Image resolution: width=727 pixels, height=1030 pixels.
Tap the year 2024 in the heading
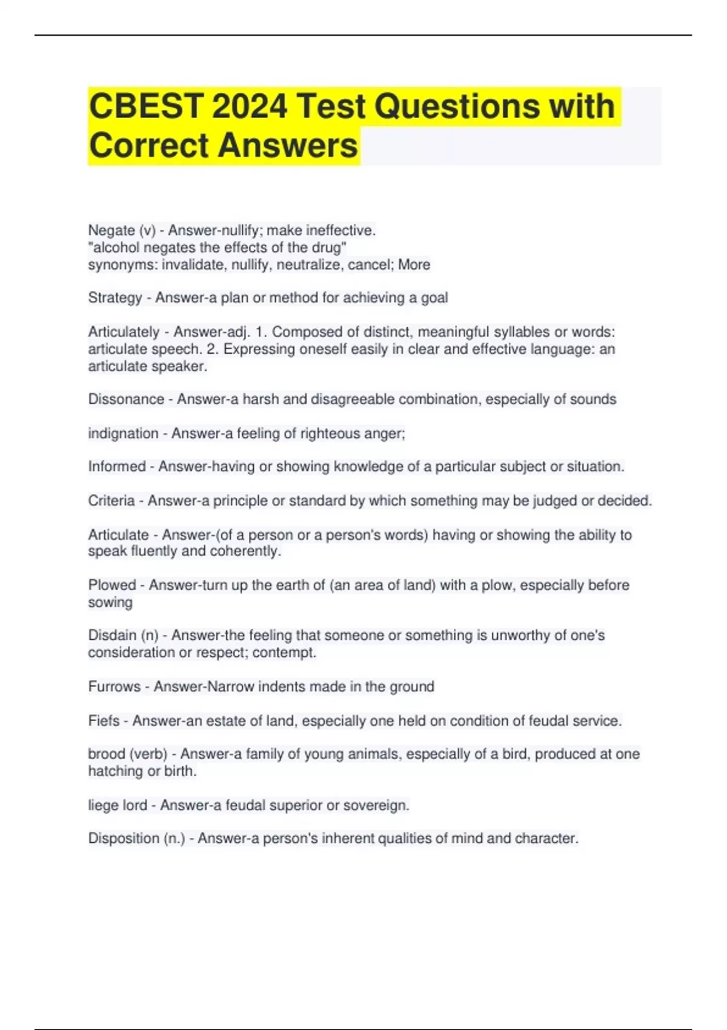click(250, 107)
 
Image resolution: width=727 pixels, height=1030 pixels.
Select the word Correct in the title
click(148, 146)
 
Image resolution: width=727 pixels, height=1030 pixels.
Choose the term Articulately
click(124, 332)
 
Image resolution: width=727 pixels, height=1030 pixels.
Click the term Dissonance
click(126, 399)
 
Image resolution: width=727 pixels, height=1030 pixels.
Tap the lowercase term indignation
click(123, 434)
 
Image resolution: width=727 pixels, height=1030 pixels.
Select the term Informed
click(117, 467)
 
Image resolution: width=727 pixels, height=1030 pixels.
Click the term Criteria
click(111, 501)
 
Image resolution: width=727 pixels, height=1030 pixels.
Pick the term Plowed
click(112, 585)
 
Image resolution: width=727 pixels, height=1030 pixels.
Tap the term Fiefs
click(104, 721)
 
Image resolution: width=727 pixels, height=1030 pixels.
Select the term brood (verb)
click(127, 754)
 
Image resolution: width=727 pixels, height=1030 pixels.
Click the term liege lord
click(118, 806)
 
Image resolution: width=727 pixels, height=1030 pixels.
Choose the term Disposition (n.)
click(136, 839)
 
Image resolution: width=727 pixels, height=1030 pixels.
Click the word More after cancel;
click(414, 265)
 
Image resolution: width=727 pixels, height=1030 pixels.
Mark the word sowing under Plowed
click(110, 602)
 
